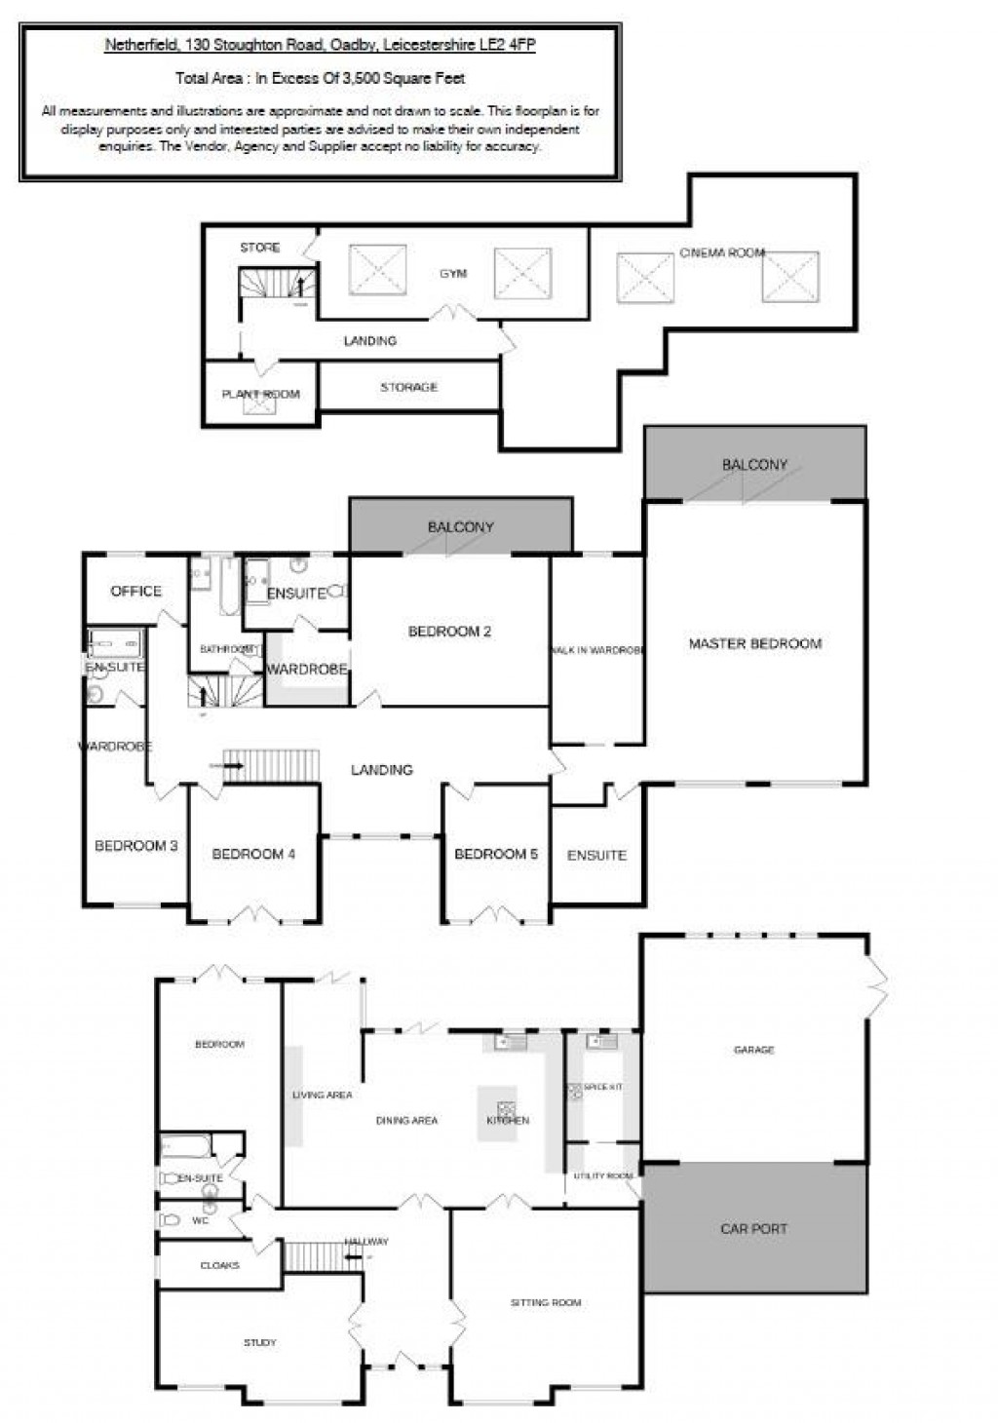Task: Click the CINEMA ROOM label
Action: click(721, 252)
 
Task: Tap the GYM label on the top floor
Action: click(453, 274)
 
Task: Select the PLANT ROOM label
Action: click(260, 395)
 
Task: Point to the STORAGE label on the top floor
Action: click(408, 387)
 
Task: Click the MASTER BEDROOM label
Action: click(754, 643)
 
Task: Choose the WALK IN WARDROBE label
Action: click(596, 650)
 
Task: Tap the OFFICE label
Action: click(135, 591)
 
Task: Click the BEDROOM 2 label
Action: click(449, 632)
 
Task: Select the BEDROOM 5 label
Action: click(495, 854)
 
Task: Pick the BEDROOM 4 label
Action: click(253, 854)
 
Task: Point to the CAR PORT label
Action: click(753, 1228)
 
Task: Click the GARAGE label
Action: click(753, 1050)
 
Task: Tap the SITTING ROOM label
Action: click(545, 1302)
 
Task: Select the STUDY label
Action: click(259, 1343)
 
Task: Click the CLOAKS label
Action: click(219, 1265)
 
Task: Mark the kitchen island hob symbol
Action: click(506, 1107)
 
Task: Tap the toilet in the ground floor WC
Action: click(172, 1219)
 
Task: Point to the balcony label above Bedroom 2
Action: click(460, 526)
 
